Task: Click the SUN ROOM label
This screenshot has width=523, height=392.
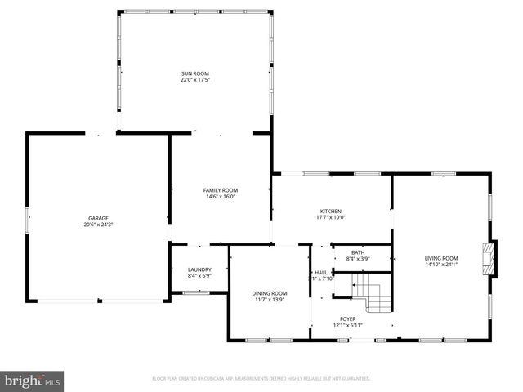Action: [x=195, y=74]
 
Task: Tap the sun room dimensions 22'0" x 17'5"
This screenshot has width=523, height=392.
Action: [x=195, y=81]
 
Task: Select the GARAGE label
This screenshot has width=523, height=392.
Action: [x=98, y=218]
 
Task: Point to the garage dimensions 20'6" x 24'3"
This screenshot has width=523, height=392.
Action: [x=98, y=225]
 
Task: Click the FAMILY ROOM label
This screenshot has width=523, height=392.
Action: [x=220, y=189]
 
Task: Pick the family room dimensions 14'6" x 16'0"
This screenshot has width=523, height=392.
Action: [x=220, y=196]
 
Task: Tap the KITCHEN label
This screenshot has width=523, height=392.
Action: [x=331, y=211]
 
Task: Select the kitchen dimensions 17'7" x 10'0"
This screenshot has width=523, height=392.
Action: [x=331, y=217]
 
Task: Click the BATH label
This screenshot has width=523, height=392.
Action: [x=358, y=252]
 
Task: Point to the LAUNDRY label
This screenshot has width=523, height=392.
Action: [x=199, y=269]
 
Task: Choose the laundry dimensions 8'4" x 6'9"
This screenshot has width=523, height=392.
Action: [x=199, y=276]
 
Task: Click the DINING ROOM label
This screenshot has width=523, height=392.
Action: [x=269, y=293]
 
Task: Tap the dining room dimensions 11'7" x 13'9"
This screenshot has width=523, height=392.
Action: [x=269, y=300]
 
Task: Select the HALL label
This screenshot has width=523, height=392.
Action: [x=321, y=272]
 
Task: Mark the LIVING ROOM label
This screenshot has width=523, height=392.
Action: [x=441, y=257]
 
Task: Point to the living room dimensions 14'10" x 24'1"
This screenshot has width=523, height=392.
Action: [x=441, y=264]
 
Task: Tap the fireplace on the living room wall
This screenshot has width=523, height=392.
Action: [x=489, y=259]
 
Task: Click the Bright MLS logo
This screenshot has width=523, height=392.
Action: [x=33, y=381]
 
